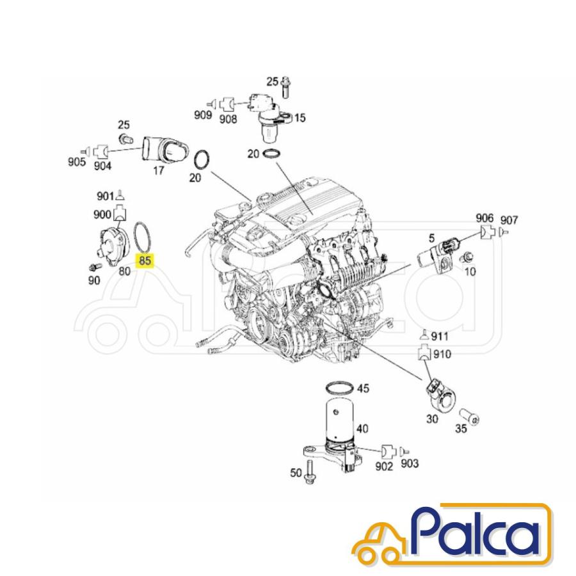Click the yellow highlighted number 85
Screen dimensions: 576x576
145,260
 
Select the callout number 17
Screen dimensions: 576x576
158,171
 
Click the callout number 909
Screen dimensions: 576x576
203,115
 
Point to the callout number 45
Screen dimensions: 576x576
363,388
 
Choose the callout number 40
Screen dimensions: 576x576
363,429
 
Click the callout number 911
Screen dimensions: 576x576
440,336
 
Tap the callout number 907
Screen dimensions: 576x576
509,220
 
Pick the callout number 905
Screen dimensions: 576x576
77,162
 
